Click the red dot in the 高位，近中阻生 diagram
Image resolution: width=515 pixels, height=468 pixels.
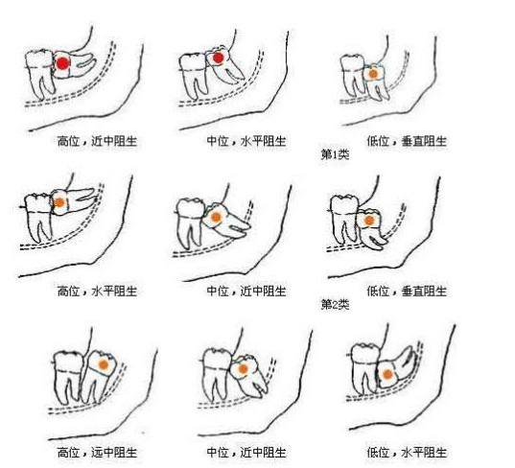pos(62,63)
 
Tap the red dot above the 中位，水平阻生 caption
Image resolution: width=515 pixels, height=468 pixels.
pos(218,58)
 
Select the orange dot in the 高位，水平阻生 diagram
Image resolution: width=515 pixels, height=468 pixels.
pos(59,202)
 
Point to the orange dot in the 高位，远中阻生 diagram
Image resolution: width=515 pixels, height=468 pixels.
pos(104,364)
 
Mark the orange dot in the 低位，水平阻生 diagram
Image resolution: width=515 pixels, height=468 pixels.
pos(387,374)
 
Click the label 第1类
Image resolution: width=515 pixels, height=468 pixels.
pos(335,154)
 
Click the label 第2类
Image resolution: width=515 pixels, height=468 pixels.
pos(335,304)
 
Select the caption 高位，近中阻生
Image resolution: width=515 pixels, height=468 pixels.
pos(97,141)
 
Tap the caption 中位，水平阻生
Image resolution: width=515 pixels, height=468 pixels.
pos(246,141)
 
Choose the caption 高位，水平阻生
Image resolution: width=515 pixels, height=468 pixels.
pos(97,291)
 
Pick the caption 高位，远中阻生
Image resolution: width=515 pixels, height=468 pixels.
pos(97,453)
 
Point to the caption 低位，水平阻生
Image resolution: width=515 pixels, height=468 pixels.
pos(407,453)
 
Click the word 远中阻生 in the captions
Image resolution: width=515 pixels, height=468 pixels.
pos(114,453)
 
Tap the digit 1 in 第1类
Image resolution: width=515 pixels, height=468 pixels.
pos(335,154)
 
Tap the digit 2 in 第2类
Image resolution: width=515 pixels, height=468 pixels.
pos(335,305)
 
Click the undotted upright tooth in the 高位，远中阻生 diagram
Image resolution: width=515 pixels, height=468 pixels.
pos(68,377)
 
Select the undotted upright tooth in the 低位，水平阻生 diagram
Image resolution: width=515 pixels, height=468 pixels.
pos(364,368)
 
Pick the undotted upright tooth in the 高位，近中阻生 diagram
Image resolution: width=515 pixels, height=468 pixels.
pos(40,73)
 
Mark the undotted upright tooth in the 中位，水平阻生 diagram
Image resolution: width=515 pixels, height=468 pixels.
pos(194,75)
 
